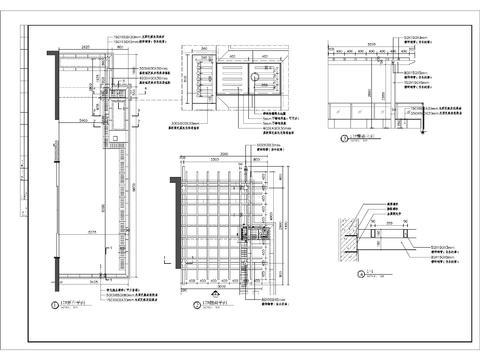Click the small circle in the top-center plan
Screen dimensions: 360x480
click(254, 75)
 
